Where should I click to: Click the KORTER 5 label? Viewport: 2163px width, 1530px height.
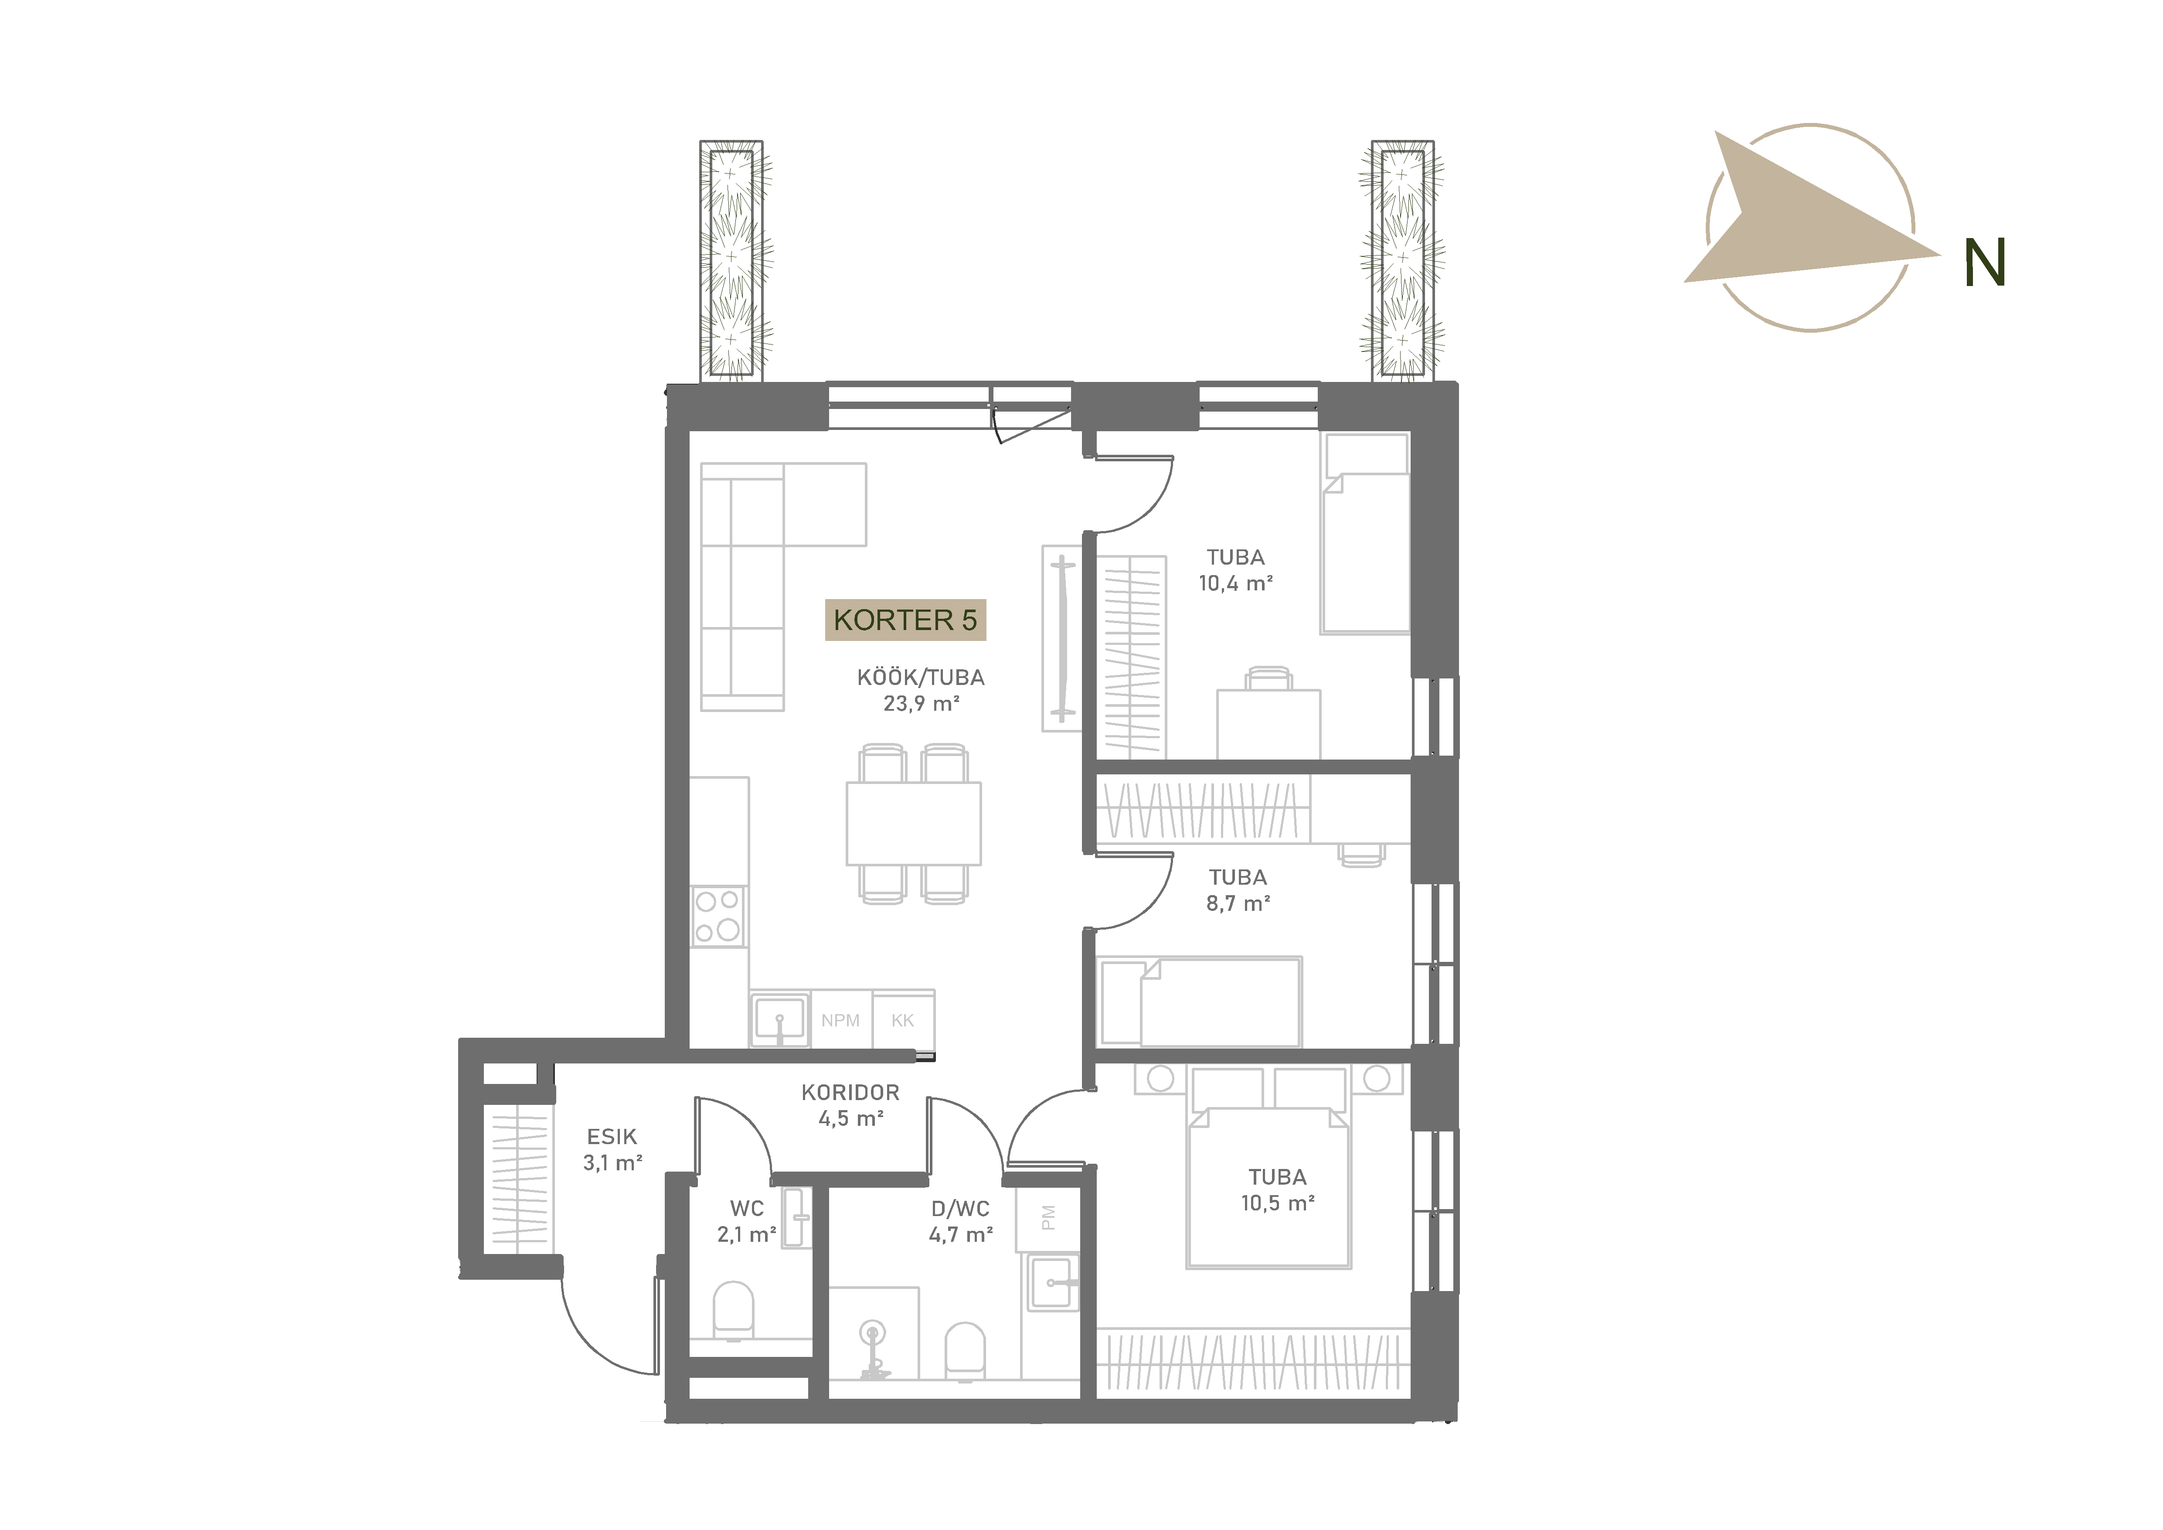tap(905, 620)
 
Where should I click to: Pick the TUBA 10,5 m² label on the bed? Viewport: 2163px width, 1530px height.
tap(1278, 1190)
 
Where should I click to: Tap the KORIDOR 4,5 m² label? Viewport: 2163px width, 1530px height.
tap(851, 1105)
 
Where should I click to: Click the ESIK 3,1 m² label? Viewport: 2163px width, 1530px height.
tap(612, 1149)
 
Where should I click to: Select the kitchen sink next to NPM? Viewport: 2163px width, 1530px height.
tap(779, 1019)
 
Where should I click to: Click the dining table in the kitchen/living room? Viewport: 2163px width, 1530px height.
tap(914, 823)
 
